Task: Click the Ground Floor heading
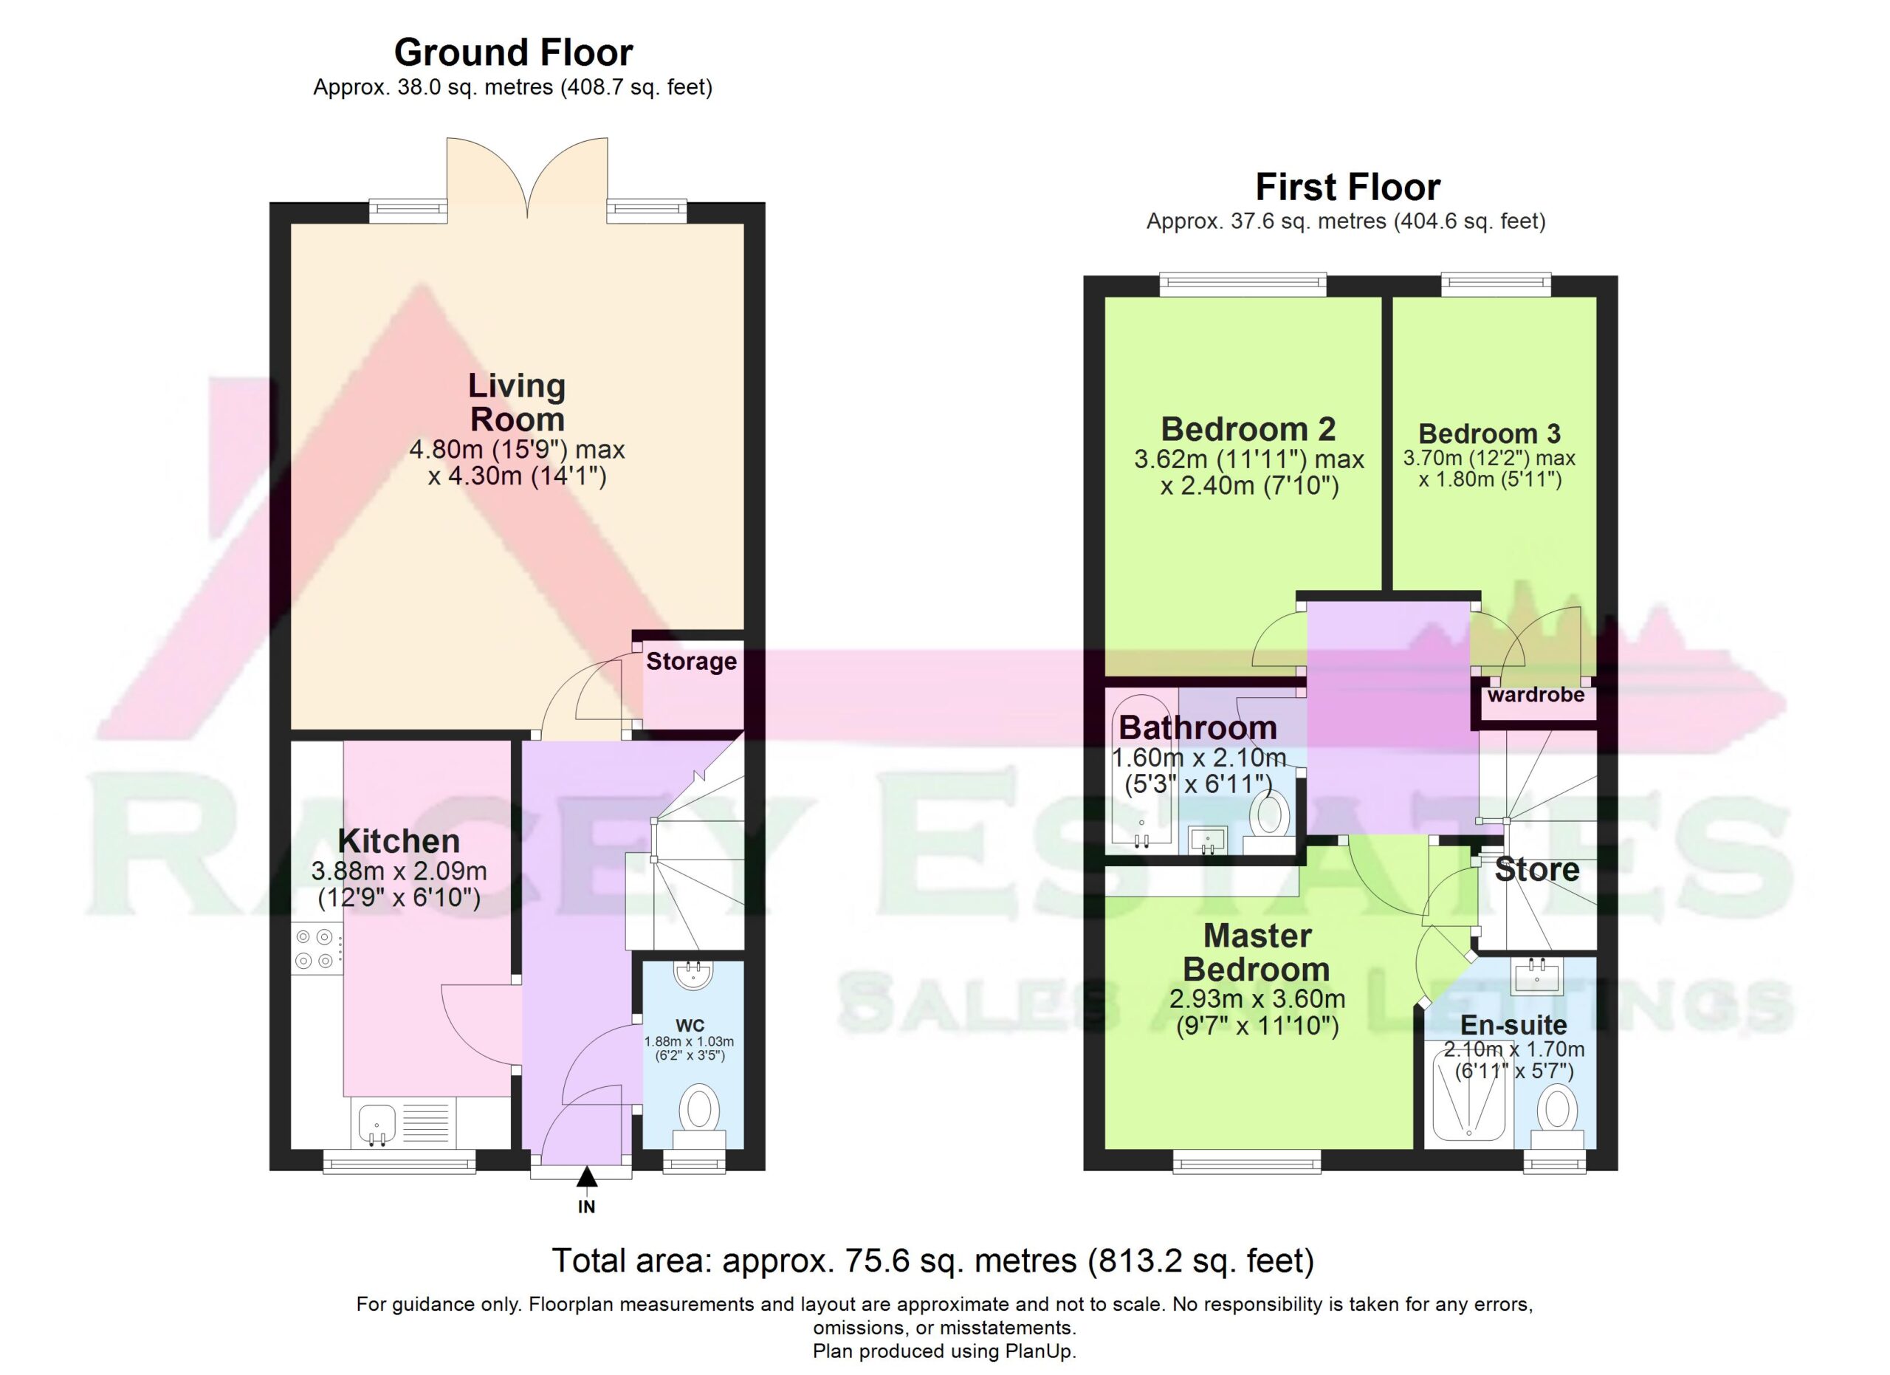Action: [x=513, y=52]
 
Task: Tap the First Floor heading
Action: [x=1347, y=188]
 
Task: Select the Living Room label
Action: [x=517, y=402]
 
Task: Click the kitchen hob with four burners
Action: [x=317, y=949]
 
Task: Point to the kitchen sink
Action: [x=377, y=1122]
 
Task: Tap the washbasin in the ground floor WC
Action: [x=692, y=975]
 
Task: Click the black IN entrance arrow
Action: [x=587, y=1176]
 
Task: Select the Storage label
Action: [x=692, y=662]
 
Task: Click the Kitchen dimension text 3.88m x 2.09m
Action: [x=399, y=871]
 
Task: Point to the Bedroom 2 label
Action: [x=1248, y=429]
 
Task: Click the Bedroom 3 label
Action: [x=1489, y=433]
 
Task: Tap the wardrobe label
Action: [x=1536, y=694]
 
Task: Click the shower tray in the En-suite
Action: [x=1468, y=1094]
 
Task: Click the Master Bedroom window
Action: [x=1247, y=1162]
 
